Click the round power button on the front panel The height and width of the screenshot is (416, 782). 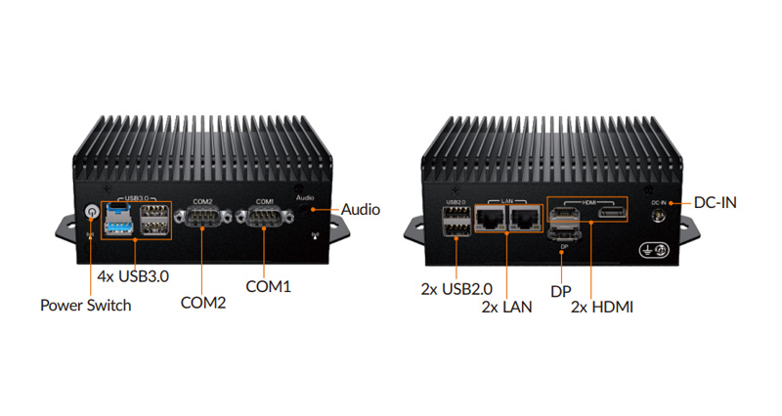point(92,211)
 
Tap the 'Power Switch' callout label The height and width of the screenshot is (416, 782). point(85,305)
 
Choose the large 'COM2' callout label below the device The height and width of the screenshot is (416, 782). point(203,303)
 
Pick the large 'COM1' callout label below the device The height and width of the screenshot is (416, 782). point(268,286)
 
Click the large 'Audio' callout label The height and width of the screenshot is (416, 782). point(361,209)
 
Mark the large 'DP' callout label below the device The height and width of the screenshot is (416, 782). point(560,291)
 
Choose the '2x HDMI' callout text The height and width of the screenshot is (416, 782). point(603,307)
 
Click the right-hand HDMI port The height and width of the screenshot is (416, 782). point(612,214)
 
